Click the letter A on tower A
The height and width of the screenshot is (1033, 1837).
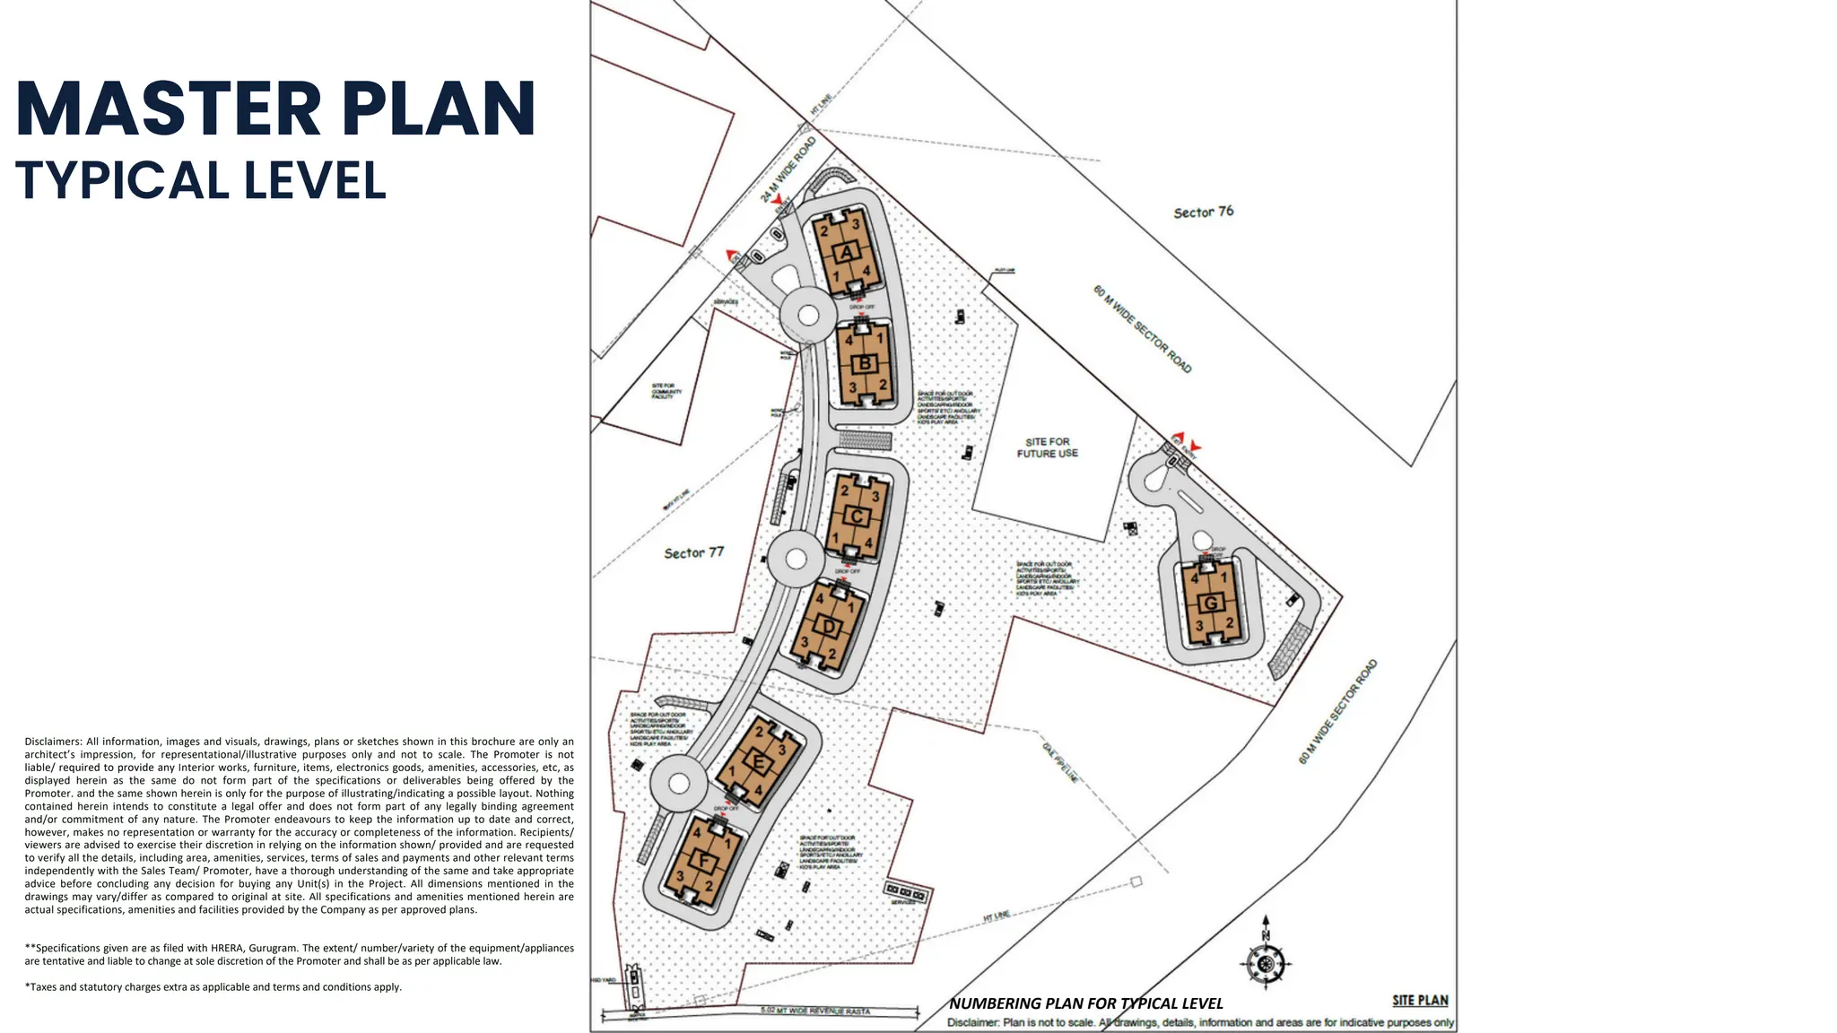[847, 253]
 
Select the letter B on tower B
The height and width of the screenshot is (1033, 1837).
[865, 363]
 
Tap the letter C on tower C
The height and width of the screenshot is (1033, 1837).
[857, 516]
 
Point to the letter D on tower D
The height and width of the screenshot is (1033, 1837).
[828, 627]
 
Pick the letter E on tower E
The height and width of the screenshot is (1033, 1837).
[759, 764]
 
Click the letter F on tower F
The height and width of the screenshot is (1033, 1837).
[705, 863]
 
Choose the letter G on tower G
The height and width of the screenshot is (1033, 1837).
[1211, 603]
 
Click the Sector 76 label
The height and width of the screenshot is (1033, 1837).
[1203, 213]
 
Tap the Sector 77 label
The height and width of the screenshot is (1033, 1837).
[693, 553]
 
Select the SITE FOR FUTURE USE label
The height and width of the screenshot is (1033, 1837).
[1047, 447]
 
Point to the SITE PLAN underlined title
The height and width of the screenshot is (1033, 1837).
[1420, 1001]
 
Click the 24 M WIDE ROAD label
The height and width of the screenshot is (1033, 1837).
[788, 169]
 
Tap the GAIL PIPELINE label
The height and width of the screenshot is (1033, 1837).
[1060, 762]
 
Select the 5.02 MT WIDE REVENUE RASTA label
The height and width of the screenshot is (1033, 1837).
[814, 1011]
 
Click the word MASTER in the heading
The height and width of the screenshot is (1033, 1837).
[168, 109]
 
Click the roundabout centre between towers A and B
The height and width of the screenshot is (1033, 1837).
[808, 315]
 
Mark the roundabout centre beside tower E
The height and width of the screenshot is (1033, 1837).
[679, 784]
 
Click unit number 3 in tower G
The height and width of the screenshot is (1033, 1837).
[1199, 626]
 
